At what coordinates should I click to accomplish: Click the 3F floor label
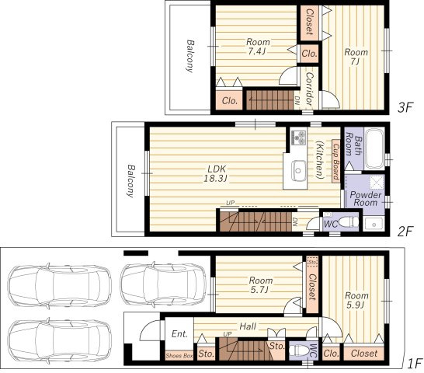pyautogui.click(x=405, y=107)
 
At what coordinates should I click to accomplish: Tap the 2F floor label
pyautogui.click(x=405, y=232)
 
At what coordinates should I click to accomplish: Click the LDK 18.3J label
pyautogui.click(x=217, y=173)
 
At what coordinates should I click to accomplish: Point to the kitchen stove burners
pyautogui.click(x=298, y=137)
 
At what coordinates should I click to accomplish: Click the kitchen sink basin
pyautogui.click(x=298, y=170)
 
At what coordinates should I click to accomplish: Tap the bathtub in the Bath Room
pyautogui.click(x=374, y=148)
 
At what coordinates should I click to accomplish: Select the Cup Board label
pyautogui.click(x=335, y=162)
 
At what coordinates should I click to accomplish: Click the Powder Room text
pyautogui.click(x=366, y=199)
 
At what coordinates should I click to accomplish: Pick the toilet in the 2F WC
pyautogui.click(x=349, y=222)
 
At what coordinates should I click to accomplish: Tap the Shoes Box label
pyautogui.click(x=179, y=356)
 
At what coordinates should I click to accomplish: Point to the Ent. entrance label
pyautogui.click(x=179, y=333)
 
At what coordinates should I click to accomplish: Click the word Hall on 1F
pyautogui.click(x=248, y=326)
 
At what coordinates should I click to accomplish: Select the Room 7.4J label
pyautogui.click(x=258, y=47)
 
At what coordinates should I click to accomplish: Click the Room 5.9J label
pyautogui.click(x=356, y=300)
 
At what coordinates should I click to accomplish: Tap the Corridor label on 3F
pyautogui.click(x=309, y=89)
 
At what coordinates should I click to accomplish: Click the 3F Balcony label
pyautogui.click(x=190, y=56)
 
